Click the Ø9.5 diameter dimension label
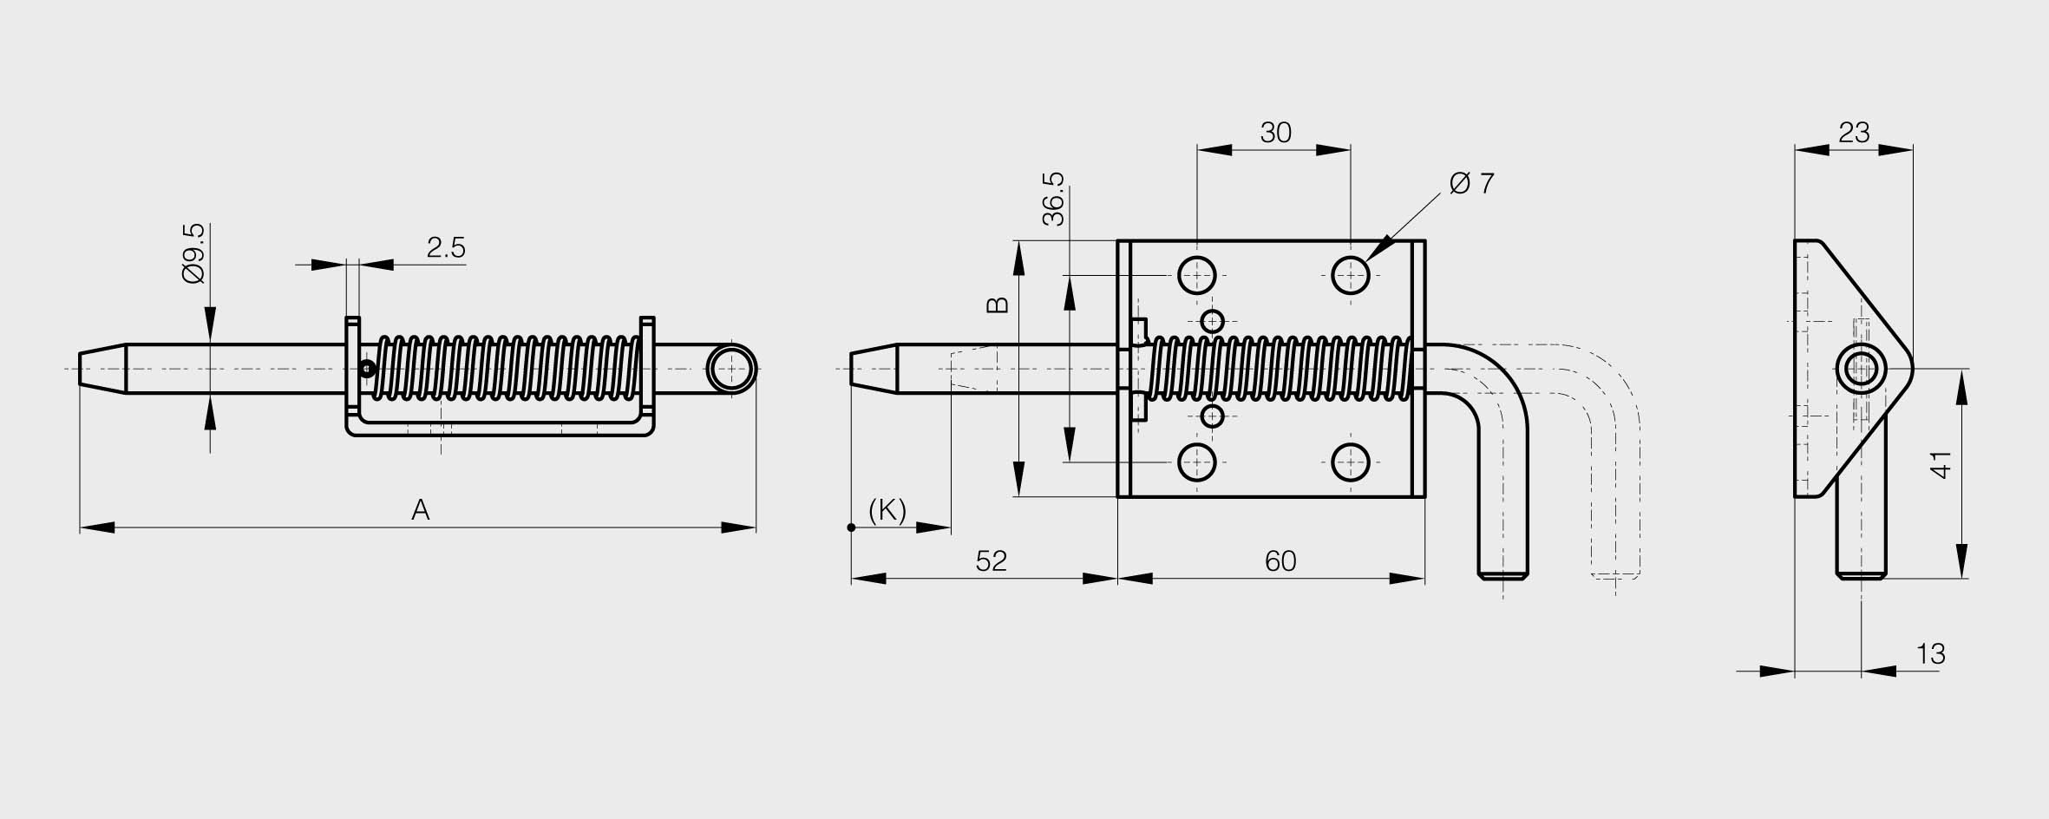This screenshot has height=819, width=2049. coord(194,253)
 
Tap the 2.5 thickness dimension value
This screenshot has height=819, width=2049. coord(446,248)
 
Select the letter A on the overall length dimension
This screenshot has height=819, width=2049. coord(421,510)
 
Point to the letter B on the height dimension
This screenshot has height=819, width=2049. coord(998,305)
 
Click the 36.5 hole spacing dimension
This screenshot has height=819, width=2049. coord(1053,199)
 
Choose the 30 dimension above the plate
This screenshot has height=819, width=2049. coord(1275,133)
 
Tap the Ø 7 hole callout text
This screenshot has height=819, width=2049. coord(1472,183)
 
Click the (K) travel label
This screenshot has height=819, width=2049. coord(887,511)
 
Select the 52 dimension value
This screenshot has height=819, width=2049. coord(991,561)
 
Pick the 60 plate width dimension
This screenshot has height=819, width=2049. coord(1280,561)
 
